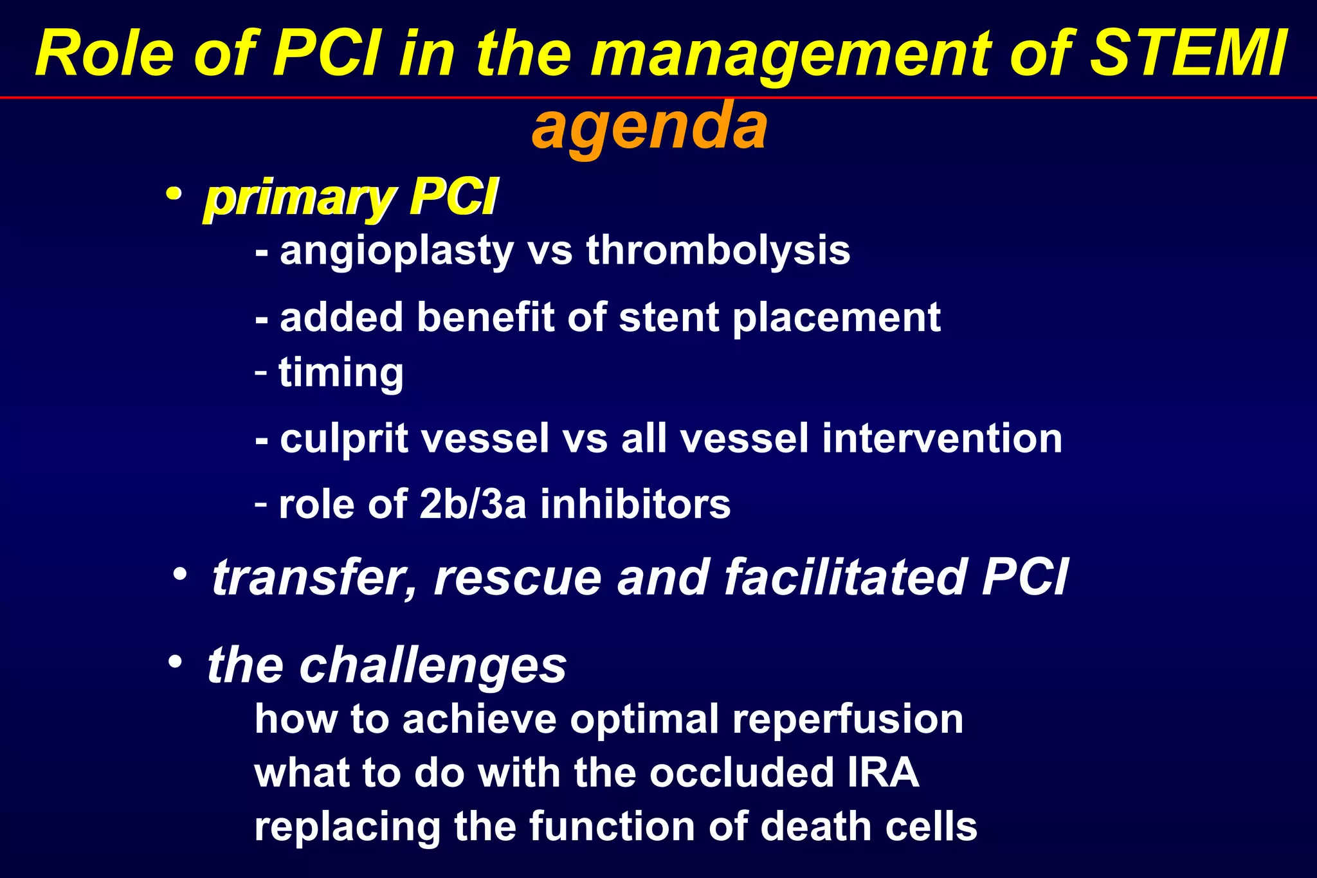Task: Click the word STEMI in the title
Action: (x=1190, y=54)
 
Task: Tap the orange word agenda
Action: (x=649, y=126)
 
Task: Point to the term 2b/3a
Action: (x=473, y=504)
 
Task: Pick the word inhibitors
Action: (x=635, y=504)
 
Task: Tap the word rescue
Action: (x=518, y=577)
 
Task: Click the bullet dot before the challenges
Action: (x=175, y=661)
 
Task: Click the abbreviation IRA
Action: (x=883, y=773)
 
